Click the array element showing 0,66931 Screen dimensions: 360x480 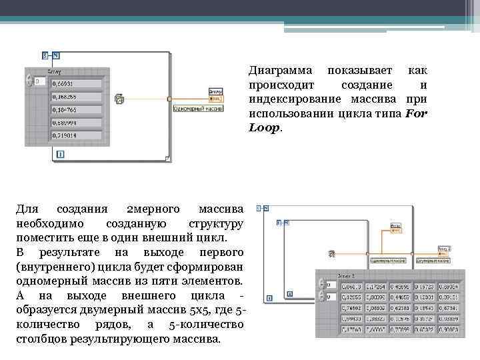[76, 83]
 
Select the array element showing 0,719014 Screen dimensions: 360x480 [76, 135]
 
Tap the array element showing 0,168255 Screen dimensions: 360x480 [76, 96]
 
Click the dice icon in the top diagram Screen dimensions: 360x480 [120, 99]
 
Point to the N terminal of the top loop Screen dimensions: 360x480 [56, 55]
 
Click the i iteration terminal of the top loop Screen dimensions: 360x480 [61, 155]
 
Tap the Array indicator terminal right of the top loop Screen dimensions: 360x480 [215, 92]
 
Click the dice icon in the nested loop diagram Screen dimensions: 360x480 [331, 254]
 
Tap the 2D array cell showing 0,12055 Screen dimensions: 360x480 [353, 297]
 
